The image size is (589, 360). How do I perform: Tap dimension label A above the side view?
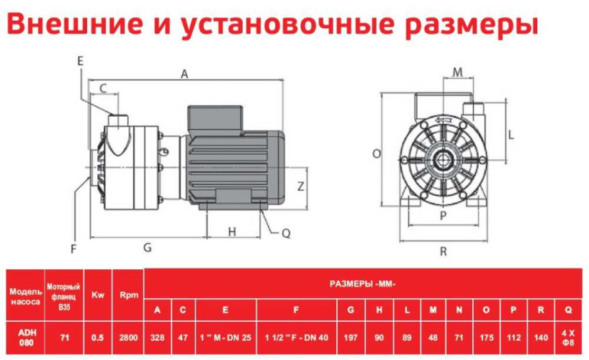(x=184, y=74)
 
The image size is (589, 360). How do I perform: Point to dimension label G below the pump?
(x=147, y=247)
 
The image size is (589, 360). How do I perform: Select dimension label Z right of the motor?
(x=301, y=185)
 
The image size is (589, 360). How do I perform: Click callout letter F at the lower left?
(x=73, y=249)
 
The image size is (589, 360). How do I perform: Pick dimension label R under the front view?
(x=444, y=251)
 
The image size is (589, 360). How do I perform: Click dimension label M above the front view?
(x=458, y=71)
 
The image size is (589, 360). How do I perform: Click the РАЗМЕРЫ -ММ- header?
(x=363, y=284)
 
